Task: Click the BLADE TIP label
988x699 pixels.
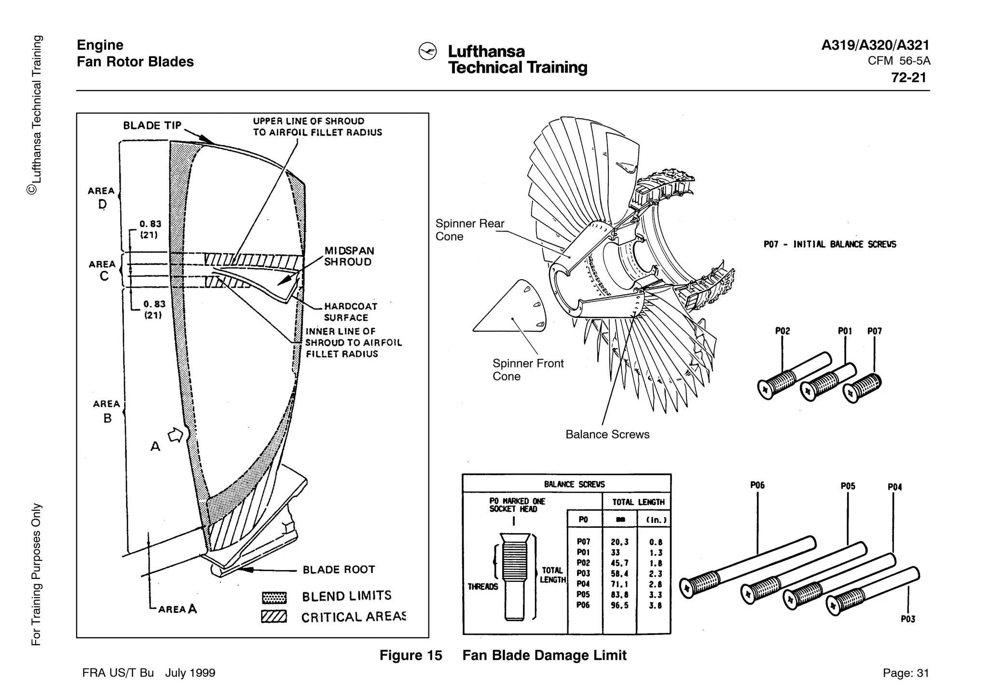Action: point(152,125)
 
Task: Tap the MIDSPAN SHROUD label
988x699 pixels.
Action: point(348,256)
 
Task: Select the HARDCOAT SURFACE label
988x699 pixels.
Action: point(350,312)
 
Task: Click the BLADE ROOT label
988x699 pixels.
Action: point(339,570)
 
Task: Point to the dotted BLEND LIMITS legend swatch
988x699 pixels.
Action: point(274,598)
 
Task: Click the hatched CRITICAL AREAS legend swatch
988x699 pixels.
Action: point(274,617)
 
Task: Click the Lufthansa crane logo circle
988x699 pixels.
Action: point(427,52)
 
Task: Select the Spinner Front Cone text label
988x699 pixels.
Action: point(528,370)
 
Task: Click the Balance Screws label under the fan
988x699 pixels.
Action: point(607,434)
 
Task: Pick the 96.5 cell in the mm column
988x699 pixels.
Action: point(619,605)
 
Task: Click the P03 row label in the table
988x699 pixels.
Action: point(583,574)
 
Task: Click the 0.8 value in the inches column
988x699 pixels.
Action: point(656,542)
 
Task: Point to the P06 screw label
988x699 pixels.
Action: point(757,485)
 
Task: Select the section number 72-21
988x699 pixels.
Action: point(908,78)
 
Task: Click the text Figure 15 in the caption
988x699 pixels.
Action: point(411,655)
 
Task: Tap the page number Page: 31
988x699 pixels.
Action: point(906,673)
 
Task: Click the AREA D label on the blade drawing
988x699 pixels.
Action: point(102,198)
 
